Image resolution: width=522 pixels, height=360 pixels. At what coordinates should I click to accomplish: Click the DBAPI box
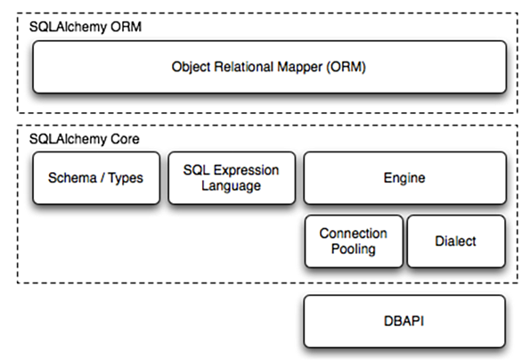(x=404, y=321)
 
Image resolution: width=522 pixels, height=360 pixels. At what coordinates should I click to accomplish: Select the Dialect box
(x=456, y=241)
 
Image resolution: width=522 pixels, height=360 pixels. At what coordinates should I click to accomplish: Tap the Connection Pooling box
(x=354, y=241)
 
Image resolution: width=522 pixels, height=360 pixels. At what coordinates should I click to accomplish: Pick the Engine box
(x=404, y=178)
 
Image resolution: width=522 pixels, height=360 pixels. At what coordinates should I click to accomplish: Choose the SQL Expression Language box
(x=232, y=178)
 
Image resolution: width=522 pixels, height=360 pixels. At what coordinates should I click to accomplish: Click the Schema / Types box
(x=96, y=178)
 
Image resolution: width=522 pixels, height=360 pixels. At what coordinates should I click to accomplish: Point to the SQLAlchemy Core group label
(x=85, y=139)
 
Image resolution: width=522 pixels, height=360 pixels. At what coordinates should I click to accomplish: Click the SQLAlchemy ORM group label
(x=86, y=27)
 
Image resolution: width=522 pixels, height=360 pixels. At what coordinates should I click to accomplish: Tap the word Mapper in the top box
(x=300, y=67)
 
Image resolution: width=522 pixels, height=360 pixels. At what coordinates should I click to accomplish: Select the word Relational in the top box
(x=243, y=67)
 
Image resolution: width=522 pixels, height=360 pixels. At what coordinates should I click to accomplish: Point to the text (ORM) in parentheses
(x=346, y=67)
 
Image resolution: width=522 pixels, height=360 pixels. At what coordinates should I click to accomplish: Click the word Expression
(x=247, y=170)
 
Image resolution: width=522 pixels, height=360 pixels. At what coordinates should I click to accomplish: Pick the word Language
(x=231, y=186)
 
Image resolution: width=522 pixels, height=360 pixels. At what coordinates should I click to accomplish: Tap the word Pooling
(x=354, y=250)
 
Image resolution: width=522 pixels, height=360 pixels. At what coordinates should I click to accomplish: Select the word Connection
(x=354, y=233)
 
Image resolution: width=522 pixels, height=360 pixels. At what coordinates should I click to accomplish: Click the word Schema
(x=72, y=178)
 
